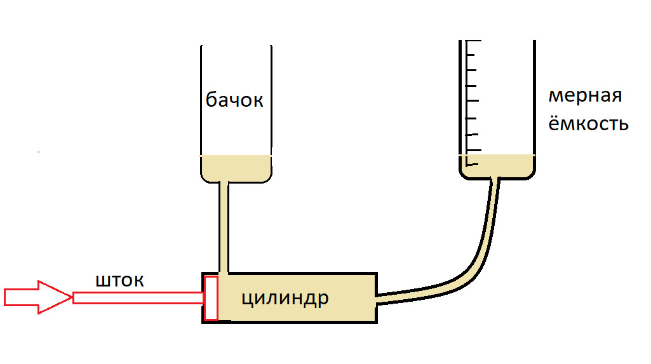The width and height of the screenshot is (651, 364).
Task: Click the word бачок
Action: coord(234,100)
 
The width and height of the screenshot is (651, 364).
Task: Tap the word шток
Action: coord(119,280)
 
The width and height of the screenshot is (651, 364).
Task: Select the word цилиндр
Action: coord(285,297)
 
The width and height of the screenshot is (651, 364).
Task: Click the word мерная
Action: coord(585,97)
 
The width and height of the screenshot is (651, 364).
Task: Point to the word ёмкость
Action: coord(588,123)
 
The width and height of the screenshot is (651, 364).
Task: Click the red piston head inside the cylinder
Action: coord(211,297)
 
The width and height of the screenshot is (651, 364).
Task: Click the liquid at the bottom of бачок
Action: coord(236,168)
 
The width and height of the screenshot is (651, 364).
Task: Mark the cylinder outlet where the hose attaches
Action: coord(379,297)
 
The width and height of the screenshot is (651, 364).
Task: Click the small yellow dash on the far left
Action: coord(39,152)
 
